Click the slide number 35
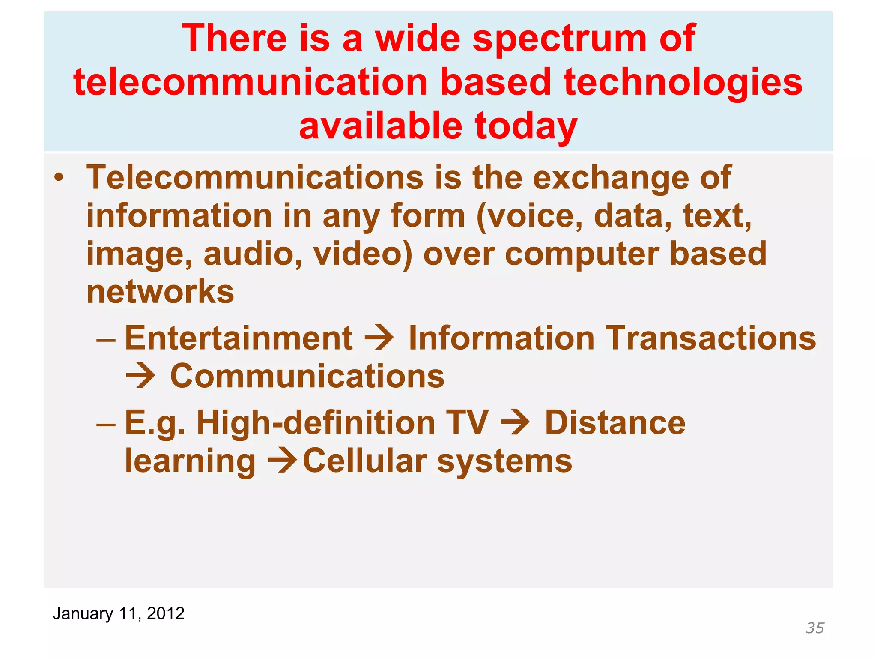815,628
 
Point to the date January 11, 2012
119,613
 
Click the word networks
160,292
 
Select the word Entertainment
239,338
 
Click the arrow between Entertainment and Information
379,338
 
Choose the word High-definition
316,422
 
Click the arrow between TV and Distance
515,422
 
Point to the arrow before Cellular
282,461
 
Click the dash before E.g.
106,423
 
